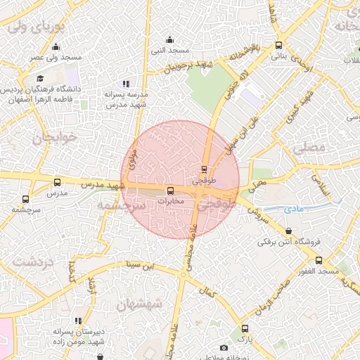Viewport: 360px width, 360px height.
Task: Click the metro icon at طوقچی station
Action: click(204, 169)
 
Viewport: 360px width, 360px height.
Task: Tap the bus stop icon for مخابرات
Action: click(170, 191)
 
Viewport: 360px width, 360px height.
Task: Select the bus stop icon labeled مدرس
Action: click(58, 183)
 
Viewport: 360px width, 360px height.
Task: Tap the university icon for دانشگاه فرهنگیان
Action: click(41, 77)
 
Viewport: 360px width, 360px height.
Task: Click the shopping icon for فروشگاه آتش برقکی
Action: click(290, 231)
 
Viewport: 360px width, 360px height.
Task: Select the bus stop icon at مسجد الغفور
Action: click(319, 259)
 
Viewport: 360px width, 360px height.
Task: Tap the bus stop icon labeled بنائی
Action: click(279, 45)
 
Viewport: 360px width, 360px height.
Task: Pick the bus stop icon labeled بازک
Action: click(245, 328)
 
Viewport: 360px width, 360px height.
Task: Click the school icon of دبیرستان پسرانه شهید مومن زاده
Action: click(78, 321)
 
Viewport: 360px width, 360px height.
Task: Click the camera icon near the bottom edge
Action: click(224, 347)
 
